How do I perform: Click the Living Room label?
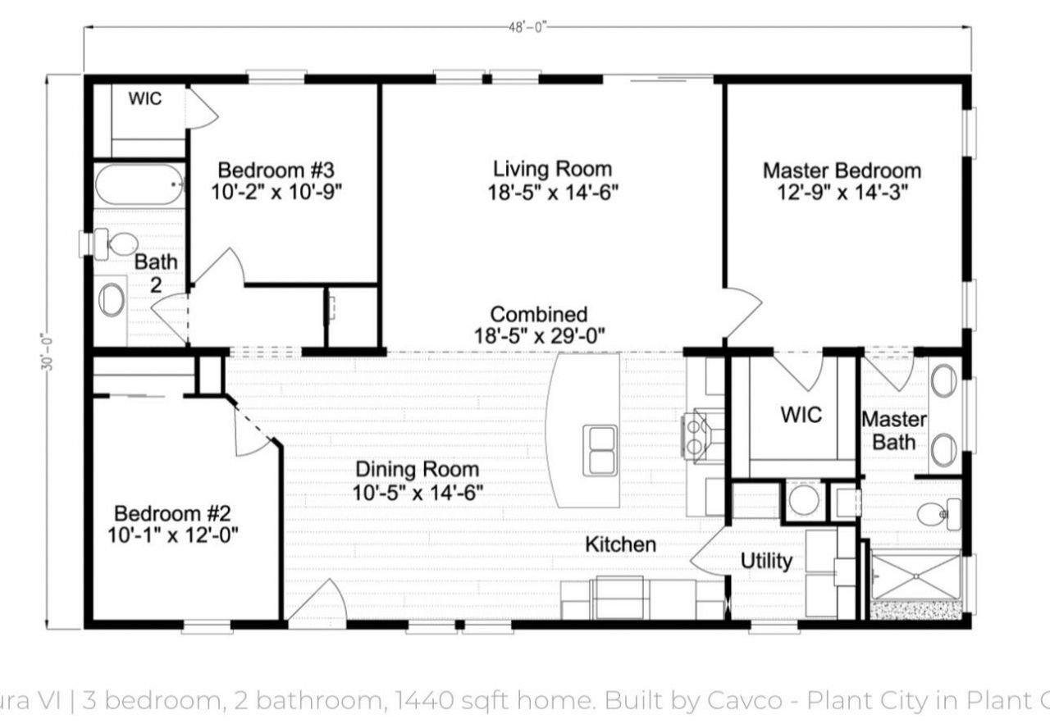552,169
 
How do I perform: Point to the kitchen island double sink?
601,450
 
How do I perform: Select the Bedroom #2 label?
171,514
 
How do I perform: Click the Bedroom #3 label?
276,171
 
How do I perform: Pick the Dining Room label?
417,470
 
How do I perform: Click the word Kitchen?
620,544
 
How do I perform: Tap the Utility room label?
766,561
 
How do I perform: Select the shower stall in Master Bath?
914,577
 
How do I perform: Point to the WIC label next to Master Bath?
801,414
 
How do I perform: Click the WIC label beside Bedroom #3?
144,99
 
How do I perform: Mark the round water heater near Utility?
802,499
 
